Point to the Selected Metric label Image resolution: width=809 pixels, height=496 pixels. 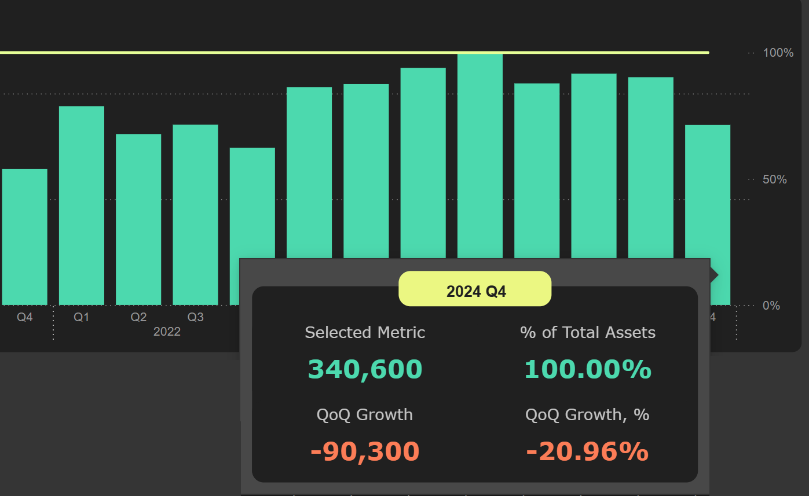pos(365,333)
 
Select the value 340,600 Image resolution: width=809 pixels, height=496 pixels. pos(365,369)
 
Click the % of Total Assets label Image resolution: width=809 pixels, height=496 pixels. pos(588,333)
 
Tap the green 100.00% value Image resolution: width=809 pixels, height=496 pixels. pos(588,369)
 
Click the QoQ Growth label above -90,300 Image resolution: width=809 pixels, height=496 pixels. pos(365,415)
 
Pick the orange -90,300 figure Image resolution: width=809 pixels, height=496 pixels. pos(365,451)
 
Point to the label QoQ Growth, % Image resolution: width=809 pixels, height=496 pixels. pos(588,415)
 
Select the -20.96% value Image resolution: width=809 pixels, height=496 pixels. pos(588,451)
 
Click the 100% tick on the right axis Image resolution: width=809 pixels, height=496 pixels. pos(778,53)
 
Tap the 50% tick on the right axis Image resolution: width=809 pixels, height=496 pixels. pos(775,179)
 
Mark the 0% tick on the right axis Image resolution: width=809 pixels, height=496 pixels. pos(771,306)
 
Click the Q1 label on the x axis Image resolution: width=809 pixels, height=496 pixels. pos(82,317)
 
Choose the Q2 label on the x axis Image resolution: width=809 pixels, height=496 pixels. pos(138,317)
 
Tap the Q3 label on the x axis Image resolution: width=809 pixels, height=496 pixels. pos(196,317)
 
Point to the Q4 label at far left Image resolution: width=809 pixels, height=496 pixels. pos(25,317)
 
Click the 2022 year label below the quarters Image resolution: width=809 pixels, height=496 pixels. pos(167,332)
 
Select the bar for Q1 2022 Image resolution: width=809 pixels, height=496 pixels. pos(82,205)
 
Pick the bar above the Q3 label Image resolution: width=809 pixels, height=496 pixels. pos(196,214)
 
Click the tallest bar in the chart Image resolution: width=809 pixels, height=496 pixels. pos(480,156)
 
